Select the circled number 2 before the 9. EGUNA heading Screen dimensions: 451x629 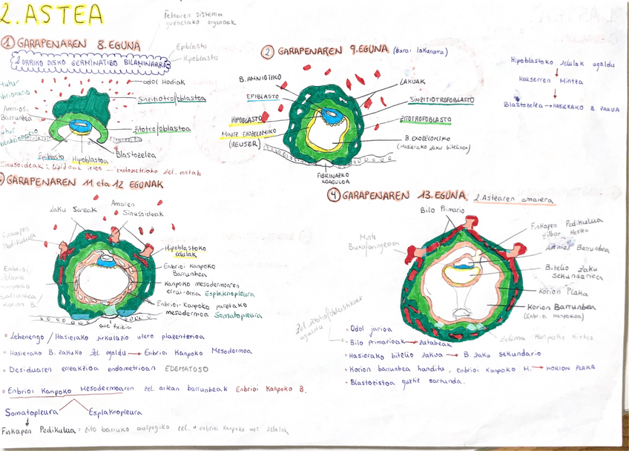coord(268,53)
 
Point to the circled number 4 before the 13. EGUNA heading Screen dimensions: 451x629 coord(335,196)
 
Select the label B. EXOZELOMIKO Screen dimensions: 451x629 coord(427,138)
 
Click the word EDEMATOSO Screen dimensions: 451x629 coord(182,368)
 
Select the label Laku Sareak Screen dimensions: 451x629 coord(67,209)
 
